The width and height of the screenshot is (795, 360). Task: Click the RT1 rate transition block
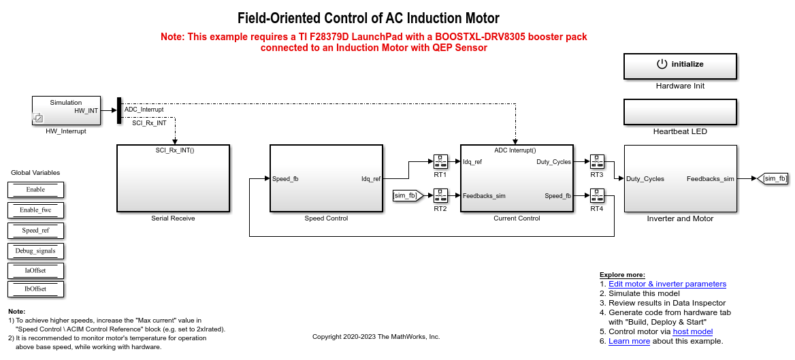pos(440,162)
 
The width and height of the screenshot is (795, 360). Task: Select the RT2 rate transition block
pos(440,195)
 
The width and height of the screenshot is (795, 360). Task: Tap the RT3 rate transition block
pos(597,162)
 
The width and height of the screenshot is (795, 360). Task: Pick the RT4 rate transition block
pos(597,195)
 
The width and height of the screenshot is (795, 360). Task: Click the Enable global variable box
pos(35,190)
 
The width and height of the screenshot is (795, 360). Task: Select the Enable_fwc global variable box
pos(35,210)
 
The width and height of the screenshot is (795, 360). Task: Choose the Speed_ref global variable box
pos(35,230)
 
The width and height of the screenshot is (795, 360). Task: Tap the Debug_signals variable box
pos(35,250)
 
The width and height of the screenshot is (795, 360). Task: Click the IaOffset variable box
pos(35,270)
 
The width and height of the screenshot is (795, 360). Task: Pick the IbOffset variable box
pos(35,289)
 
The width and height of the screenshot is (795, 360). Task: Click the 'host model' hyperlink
pos(693,331)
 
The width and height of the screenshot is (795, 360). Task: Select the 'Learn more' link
pos(629,341)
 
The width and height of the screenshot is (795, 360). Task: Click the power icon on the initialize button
pos(662,64)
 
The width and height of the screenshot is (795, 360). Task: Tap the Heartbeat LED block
pos(680,112)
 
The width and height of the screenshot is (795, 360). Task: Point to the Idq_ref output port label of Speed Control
pos(371,179)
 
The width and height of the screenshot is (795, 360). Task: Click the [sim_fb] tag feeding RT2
pos(405,195)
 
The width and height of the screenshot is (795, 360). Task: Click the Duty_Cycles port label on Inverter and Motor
pos(645,179)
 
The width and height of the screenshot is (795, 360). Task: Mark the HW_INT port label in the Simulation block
pos(86,110)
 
